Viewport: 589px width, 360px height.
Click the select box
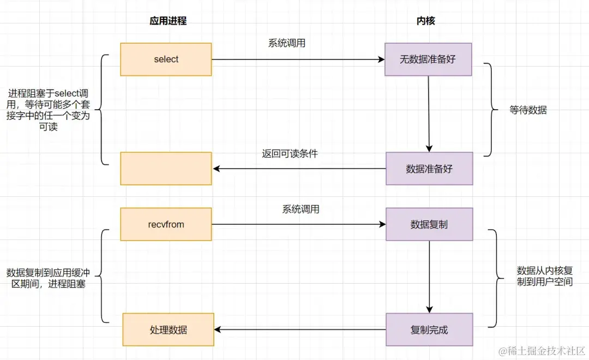pyautogui.click(x=166, y=59)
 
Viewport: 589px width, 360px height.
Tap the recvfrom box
pyautogui.click(x=166, y=224)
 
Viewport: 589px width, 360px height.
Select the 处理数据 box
pyautogui.click(x=168, y=329)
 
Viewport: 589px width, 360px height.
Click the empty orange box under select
pyautogui.click(x=166, y=169)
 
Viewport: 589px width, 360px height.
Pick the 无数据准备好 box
pyautogui.click(x=428, y=59)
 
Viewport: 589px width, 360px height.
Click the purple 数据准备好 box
pyautogui.click(x=429, y=169)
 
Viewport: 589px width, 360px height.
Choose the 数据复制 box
pyautogui.click(x=429, y=224)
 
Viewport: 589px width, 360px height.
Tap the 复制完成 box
pyautogui.click(x=429, y=329)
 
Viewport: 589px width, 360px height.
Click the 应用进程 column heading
pyautogui.click(x=167, y=21)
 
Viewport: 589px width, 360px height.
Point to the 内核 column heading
pyautogui.click(x=425, y=21)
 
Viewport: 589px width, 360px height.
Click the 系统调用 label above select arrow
pyautogui.click(x=287, y=43)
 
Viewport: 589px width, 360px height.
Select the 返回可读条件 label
pyautogui.click(x=290, y=154)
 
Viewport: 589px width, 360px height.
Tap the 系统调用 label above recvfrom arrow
pyautogui.click(x=300, y=209)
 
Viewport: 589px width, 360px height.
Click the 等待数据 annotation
pyautogui.click(x=528, y=110)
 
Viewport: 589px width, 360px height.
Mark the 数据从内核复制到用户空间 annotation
pyautogui.click(x=544, y=276)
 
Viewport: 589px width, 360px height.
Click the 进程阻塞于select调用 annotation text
pyautogui.click(x=49, y=111)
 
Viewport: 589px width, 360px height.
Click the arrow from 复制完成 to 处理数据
pyautogui.click(x=300, y=329)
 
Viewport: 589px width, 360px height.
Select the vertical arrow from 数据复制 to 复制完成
pyautogui.click(x=429, y=277)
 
